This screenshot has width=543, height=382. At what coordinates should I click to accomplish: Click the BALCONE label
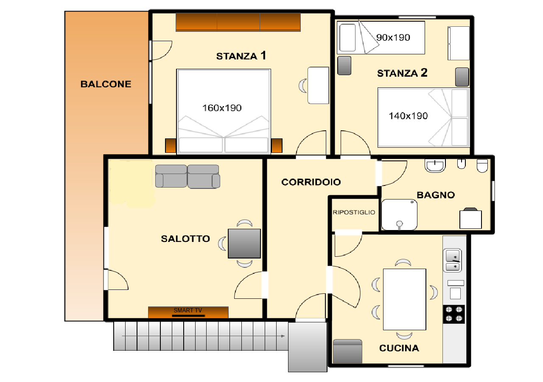tap(106, 84)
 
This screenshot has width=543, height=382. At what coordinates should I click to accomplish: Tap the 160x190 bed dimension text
tap(222, 108)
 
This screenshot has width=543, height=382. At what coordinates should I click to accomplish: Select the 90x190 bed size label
tap(393, 38)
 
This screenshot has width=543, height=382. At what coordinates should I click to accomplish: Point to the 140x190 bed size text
tap(408, 116)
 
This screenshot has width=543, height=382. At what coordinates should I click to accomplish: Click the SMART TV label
tap(188, 310)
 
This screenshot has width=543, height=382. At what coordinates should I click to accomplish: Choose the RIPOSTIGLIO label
tap(354, 213)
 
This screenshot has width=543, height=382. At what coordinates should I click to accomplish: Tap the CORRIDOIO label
tap(311, 182)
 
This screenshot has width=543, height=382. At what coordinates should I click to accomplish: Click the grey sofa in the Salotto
tap(188, 176)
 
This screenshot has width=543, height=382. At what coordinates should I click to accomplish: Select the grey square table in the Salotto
tap(244, 244)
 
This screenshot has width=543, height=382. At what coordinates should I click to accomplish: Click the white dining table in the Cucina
tap(404, 299)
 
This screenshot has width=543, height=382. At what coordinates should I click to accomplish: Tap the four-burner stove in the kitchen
tap(454, 314)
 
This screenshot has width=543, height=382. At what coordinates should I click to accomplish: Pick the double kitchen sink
tap(452, 260)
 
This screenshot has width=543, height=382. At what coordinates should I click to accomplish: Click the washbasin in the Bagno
tap(435, 166)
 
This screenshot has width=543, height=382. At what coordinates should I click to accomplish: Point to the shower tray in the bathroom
tap(399, 215)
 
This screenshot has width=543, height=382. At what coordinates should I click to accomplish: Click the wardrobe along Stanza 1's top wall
tap(238, 22)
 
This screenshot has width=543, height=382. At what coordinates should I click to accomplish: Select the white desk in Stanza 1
tap(318, 85)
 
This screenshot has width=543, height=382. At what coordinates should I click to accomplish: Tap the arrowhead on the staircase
tap(283, 336)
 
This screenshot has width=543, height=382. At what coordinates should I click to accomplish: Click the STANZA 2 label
tap(402, 73)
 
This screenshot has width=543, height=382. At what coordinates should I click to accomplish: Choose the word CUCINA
tap(399, 348)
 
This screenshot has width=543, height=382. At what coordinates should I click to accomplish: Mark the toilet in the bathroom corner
tap(482, 166)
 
